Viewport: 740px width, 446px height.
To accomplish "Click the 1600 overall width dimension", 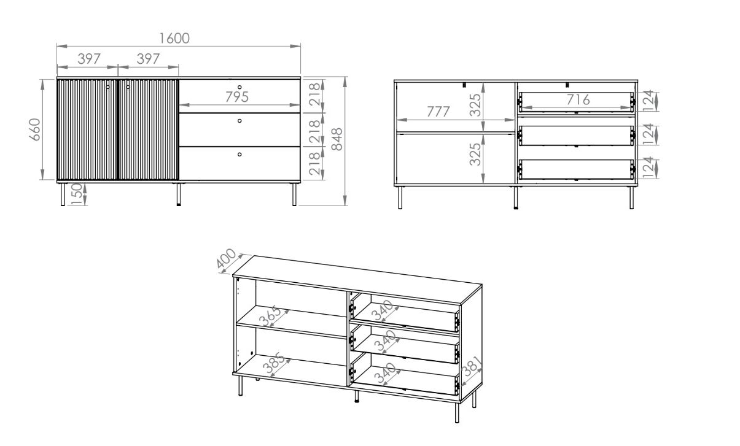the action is click(174, 39).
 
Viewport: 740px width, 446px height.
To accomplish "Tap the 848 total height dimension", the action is click(337, 139).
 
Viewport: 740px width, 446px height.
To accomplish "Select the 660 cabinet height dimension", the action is click(35, 129).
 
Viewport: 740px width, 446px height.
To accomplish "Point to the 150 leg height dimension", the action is click(76, 194).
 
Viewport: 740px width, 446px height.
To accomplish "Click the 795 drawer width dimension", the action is click(236, 97).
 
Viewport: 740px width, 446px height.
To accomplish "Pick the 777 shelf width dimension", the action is click(438, 112).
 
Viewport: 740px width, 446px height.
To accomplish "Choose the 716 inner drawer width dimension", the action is click(578, 99).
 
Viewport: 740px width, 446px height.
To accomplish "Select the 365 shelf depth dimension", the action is click(270, 317).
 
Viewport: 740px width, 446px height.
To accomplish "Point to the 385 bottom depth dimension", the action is click(273, 363).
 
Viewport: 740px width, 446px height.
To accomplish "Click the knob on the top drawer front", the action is click(240, 88).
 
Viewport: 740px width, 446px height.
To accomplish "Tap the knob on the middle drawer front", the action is click(240, 121).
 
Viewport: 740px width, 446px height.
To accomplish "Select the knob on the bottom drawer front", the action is click(240, 154).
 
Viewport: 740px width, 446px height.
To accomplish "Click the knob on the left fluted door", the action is click(107, 87).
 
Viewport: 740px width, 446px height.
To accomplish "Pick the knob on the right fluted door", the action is click(128, 87).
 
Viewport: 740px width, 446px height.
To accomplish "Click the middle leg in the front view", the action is click(179, 194).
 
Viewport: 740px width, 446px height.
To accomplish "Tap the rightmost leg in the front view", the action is click(294, 194).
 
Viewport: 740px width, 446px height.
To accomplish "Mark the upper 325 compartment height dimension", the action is click(475, 105).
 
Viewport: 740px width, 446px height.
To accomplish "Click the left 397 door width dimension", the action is click(89, 59).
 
